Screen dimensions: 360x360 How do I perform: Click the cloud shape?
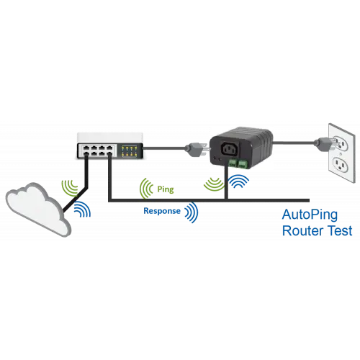tap(36, 209)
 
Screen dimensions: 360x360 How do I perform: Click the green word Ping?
tap(166, 189)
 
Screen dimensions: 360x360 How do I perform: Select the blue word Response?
tap(162, 211)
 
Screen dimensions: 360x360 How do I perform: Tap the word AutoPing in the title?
tap(310, 215)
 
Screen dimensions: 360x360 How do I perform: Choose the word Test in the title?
tap(340, 231)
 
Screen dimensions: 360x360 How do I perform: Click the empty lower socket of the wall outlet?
tap(341, 165)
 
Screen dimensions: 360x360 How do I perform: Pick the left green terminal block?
tap(233, 163)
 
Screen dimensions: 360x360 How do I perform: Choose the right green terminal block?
tap(243, 163)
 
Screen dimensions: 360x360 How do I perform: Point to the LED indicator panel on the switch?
tap(130, 150)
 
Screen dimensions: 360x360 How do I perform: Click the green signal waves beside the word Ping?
tap(145, 188)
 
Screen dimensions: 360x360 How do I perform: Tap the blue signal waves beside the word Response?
tap(192, 212)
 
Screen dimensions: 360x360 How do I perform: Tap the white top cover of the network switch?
tap(110, 138)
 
